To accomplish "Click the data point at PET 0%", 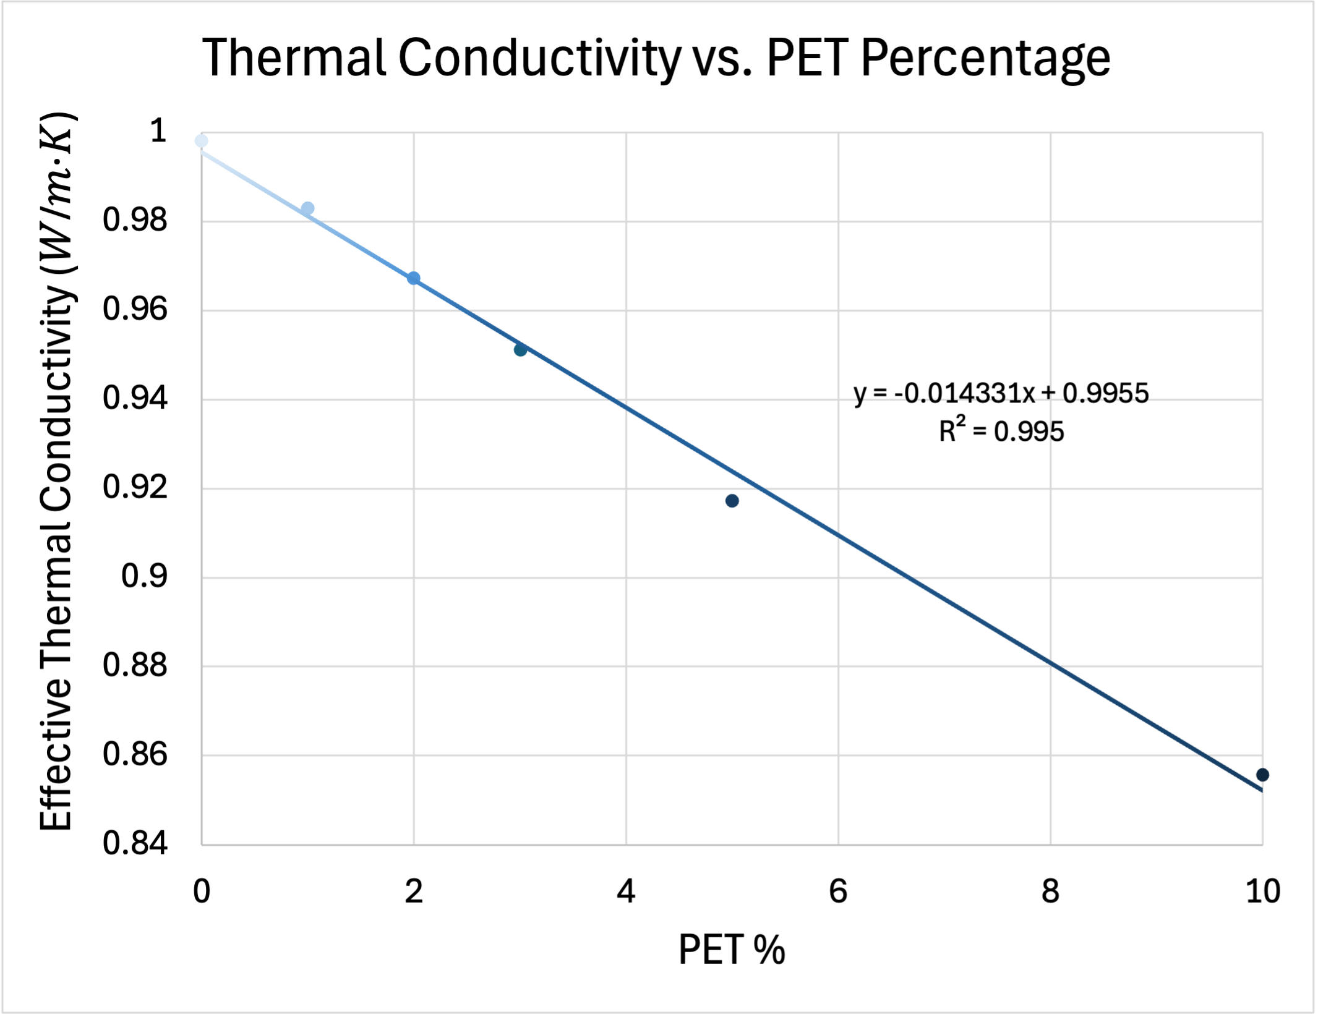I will point(201,141).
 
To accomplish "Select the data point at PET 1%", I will point(307,208).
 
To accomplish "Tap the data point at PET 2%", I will point(414,278).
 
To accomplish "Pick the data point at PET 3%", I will point(520,350).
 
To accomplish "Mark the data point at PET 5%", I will point(732,501).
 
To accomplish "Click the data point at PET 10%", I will point(1262,775).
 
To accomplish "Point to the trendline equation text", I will point(1001,393).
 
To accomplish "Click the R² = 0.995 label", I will point(1001,431).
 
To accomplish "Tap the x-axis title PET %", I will point(732,950).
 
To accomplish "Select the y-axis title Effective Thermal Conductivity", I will point(57,470).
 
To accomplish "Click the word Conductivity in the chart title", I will point(538,58).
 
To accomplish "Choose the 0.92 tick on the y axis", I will point(135,487).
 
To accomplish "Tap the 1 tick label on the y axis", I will point(158,131).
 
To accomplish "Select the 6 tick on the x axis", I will point(838,891).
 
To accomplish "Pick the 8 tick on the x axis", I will point(1050,891).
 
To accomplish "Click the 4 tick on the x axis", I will point(626,891).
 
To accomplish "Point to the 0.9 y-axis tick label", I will point(144,576).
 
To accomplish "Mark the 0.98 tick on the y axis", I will point(135,220).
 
